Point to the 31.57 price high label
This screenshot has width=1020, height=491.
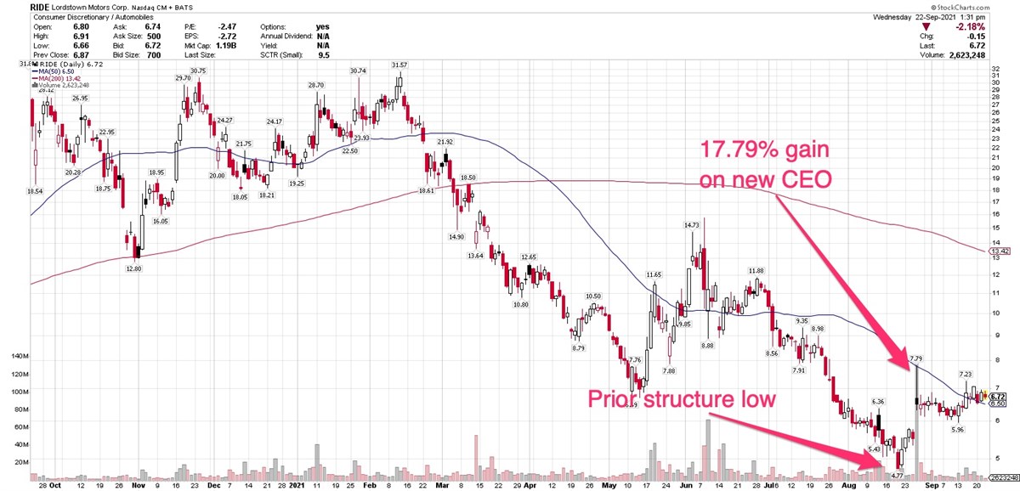pos(399,65)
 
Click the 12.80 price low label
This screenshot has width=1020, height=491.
pos(135,268)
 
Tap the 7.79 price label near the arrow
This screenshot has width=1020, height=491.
pos(915,359)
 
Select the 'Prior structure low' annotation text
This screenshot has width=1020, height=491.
pos(682,398)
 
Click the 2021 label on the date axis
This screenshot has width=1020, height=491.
pos(295,485)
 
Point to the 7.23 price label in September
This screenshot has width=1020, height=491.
pos(966,375)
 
